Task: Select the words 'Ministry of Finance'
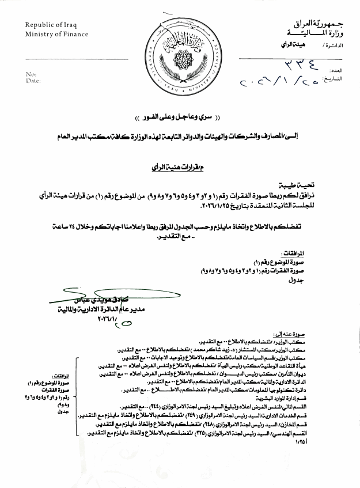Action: click(x=56, y=34)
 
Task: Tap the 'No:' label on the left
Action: click(x=31, y=74)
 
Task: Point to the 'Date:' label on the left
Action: click(x=33, y=81)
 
